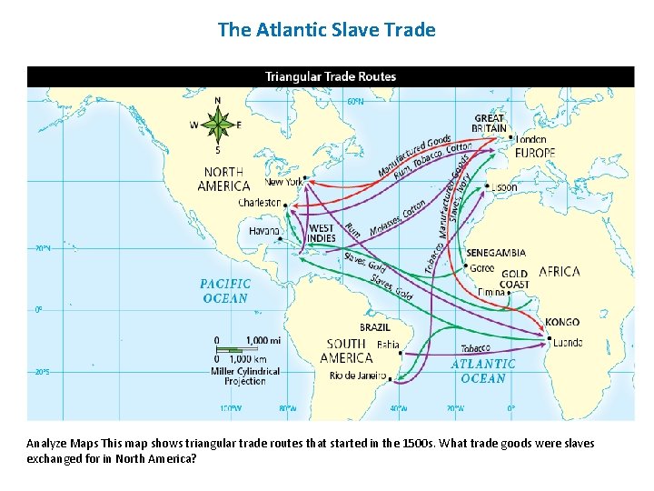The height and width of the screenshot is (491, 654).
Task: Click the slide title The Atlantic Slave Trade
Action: pos(327,30)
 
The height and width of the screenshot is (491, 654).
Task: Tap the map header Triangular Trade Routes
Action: pos(331,76)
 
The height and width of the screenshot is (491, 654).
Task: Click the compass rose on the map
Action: pos(217,125)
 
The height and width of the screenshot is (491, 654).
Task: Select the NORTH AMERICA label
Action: pos(224,179)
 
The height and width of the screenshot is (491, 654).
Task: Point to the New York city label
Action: pos(283,182)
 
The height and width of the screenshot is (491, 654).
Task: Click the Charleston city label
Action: pos(259,203)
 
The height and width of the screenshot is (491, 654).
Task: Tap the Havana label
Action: pos(263,231)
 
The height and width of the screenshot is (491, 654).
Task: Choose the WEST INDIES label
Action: pos(322,233)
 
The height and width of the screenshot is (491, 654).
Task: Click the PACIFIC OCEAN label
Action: pos(225,291)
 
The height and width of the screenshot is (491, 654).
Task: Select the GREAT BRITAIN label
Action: pos(490,124)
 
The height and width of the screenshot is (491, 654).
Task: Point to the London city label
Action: pos(530,139)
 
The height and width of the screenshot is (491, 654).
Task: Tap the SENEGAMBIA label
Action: pos(495,253)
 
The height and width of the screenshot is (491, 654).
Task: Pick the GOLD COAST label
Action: pos(514,278)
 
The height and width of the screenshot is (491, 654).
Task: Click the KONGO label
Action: pos(562,322)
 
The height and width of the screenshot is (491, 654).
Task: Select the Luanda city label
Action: pos(567,342)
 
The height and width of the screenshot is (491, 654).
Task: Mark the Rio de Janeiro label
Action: pos(358,376)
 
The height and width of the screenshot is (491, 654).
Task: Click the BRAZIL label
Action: pos(375,327)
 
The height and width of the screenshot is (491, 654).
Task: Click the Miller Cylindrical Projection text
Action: pos(245,376)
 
